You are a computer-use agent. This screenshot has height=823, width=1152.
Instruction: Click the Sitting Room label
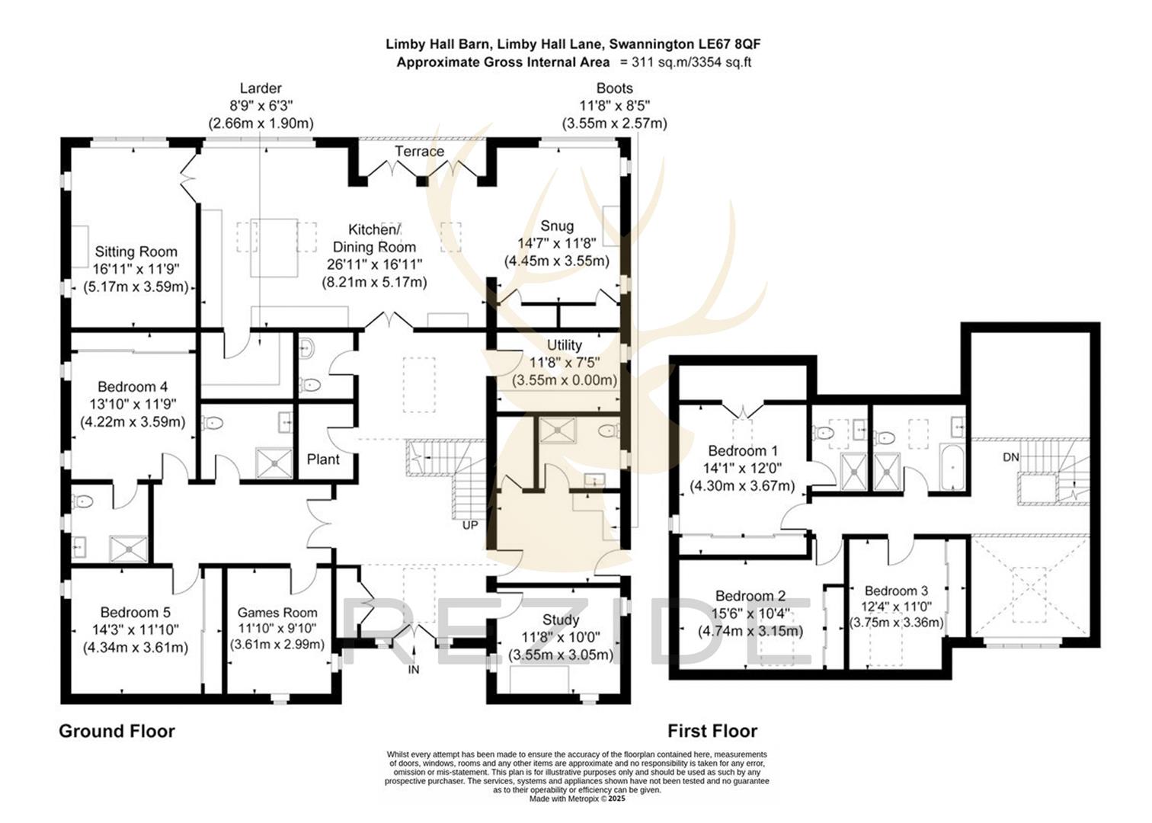pos(136,251)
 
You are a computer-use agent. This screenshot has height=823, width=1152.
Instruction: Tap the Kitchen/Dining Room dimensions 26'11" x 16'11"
pos(374,264)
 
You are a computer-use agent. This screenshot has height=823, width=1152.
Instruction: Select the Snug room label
pos(556,226)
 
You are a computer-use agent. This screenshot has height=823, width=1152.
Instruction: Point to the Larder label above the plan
pos(261,88)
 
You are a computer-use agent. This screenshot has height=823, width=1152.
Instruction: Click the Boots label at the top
pos(614,88)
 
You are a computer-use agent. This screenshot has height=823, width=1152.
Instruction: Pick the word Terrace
pos(419,152)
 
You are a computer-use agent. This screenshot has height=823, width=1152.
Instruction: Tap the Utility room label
pos(564,345)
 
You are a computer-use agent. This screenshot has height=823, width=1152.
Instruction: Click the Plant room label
pos(323,460)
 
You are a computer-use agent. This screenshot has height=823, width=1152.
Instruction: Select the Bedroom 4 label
pos(133,387)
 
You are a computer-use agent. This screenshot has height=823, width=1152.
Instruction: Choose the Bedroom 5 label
pos(135,613)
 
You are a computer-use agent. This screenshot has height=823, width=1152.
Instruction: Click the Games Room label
pos(277,613)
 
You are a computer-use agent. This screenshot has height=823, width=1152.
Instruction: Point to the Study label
pos(561,620)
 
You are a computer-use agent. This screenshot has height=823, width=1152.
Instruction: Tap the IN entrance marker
pos(414,670)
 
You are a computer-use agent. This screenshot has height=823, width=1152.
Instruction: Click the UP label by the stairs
pos(470,525)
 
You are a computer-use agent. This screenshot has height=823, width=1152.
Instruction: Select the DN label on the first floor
pos(1010,457)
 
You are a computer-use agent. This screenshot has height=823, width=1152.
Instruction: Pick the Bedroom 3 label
pos(896,591)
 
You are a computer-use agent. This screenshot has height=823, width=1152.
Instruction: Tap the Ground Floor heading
pos(117,732)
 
